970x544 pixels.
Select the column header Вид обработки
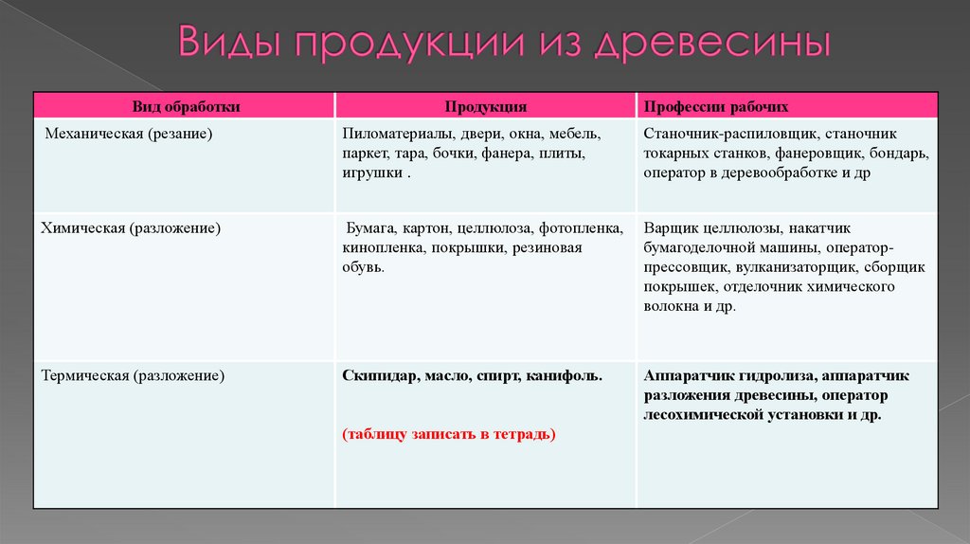point(186,107)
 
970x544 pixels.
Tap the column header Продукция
point(486,107)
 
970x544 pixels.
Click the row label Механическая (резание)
point(129,135)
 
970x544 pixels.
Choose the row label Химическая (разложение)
point(131,228)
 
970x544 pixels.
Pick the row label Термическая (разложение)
point(133,376)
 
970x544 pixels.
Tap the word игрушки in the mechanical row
point(373,172)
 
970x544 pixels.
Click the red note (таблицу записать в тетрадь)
point(449,434)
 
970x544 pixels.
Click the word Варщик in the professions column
point(669,228)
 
